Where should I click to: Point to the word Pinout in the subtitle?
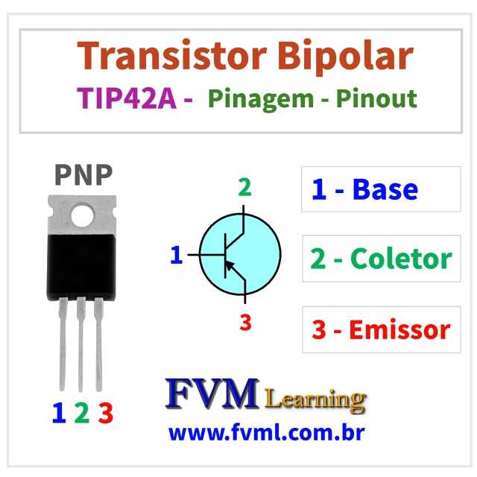coord(376,99)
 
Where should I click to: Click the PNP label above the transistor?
coord(83,174)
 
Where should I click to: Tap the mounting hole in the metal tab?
coord(83,215)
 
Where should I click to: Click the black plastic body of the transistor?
coord(83,264)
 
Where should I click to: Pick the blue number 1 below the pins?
coord(59,412)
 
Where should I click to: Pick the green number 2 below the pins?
coord(81,412)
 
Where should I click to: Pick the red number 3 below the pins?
coord(105,412)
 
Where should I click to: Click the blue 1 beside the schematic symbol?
coord(176,256)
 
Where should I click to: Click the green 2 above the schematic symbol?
coord(244,188)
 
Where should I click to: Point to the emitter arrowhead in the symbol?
coord(231,265)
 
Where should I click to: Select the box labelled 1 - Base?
coord(381,189)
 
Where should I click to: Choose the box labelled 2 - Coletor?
coord(381,259)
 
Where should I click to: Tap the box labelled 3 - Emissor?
coord(381,329)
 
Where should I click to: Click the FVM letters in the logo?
coord(212,394)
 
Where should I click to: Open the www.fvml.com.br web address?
coord(266,432)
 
